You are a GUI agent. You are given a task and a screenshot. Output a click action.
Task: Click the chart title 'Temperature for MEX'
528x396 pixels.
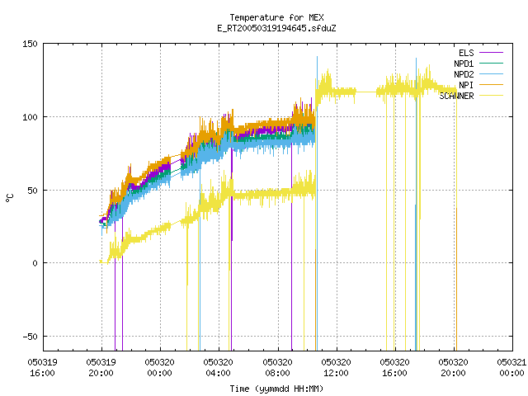point(276,17)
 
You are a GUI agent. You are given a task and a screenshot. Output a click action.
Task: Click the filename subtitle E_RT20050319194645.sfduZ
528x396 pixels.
point(276,28)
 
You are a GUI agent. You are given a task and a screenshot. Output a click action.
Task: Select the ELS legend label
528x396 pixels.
point(466,53)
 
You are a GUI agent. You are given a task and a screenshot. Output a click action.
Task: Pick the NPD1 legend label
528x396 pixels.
point(464,64)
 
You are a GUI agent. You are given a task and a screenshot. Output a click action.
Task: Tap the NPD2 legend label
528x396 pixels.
point(464,74)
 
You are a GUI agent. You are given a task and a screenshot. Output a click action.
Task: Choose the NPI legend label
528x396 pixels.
point(466,85)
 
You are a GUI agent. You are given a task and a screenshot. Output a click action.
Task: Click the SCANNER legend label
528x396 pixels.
point(456,96)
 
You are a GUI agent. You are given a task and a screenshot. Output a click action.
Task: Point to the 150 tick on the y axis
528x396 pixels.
point(30,44)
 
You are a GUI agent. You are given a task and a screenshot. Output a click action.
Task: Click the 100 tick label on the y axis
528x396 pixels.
point(30,117)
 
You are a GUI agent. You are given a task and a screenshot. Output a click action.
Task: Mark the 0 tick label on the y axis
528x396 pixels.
point(35,263)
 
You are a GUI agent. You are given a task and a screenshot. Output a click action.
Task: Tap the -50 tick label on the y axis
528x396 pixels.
point(30,337)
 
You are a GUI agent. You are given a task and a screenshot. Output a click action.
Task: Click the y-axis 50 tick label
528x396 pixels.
point(32,191)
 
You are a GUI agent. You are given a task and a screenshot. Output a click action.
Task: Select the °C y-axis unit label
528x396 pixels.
point(10,198)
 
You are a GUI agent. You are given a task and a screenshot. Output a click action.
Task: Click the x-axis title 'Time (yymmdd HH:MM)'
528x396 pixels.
point(276,389)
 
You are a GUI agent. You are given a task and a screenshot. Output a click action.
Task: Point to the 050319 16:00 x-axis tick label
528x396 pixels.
point(42,368)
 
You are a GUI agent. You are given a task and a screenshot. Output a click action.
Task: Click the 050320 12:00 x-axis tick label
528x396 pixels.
point(336,368)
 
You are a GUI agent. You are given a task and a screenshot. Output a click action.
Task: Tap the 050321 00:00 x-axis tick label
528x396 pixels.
point(511,368)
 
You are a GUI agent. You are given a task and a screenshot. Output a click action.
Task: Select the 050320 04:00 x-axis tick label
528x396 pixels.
point(218,368)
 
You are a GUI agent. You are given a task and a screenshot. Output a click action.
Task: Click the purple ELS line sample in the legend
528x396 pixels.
point(492,53)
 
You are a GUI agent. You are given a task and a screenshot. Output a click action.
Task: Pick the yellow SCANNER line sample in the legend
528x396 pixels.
point(492,96)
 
